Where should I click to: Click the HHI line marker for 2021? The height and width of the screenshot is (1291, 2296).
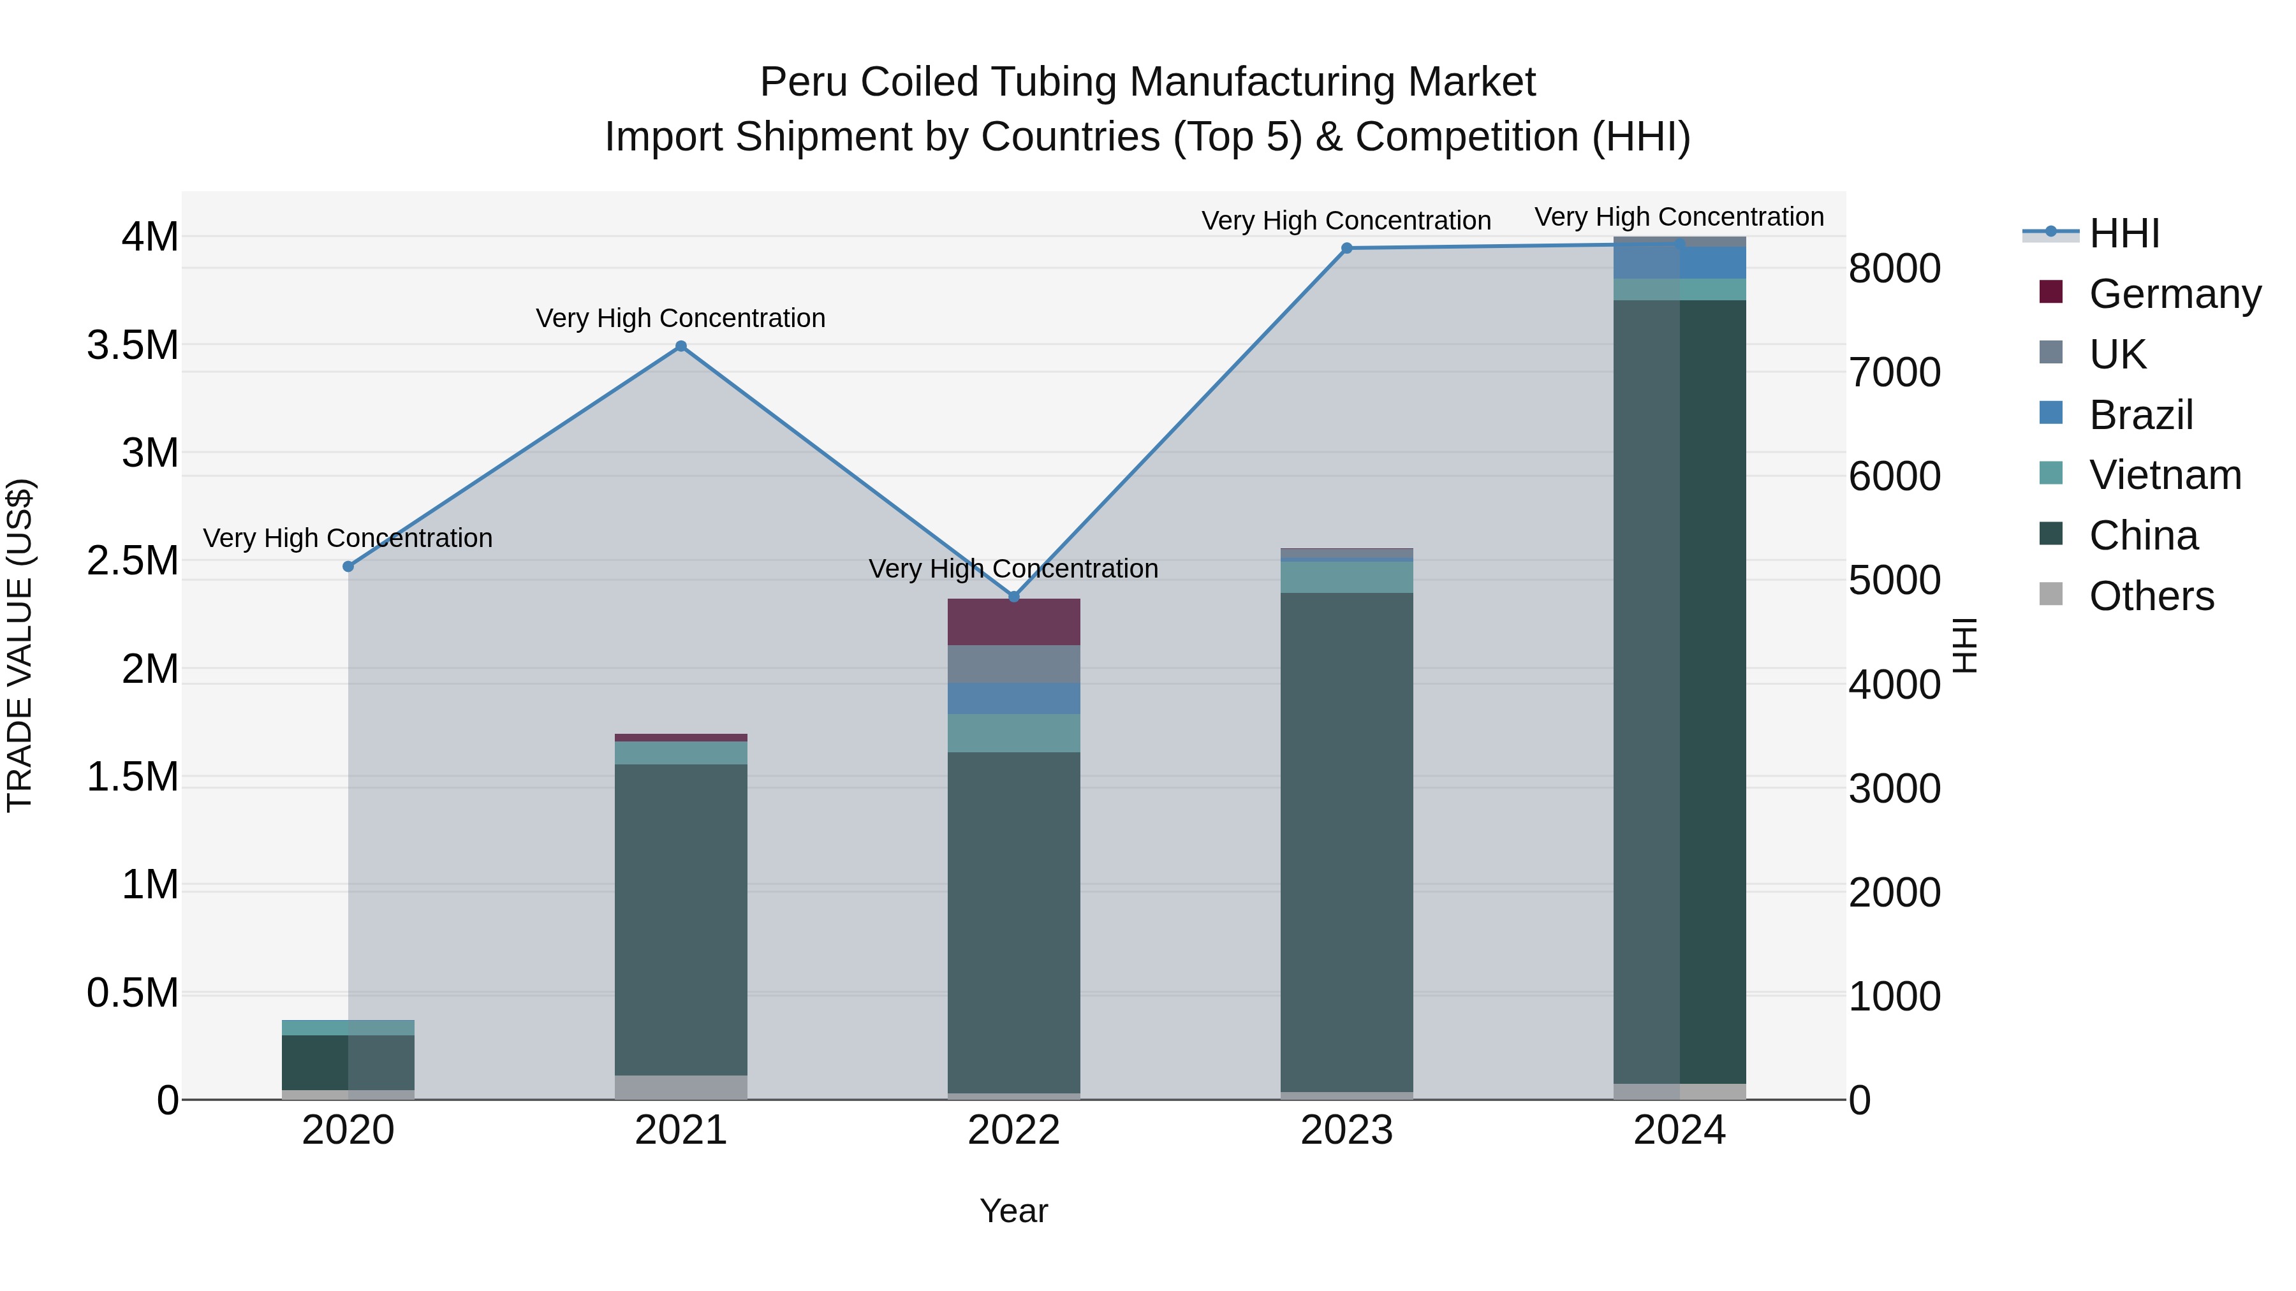pos(681,347)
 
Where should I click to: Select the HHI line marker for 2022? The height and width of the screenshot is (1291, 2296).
pos(1013,596)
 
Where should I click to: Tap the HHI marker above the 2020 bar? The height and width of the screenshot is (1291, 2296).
pos(348,567)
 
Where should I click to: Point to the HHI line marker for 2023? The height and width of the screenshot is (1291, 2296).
pos(1347,249)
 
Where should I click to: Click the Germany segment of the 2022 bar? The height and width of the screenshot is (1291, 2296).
pos(1013,622)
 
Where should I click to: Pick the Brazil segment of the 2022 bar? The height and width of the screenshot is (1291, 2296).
pos(1013,699)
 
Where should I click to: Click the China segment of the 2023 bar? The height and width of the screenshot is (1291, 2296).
pos(1347,842)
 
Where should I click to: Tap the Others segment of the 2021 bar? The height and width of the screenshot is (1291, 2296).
pos(681,1087)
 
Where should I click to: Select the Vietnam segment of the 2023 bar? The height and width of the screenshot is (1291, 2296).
pos(1347,578)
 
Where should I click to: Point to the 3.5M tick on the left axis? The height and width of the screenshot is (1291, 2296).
pos(132,346)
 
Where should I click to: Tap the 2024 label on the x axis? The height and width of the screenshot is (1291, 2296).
pos(1679,1130)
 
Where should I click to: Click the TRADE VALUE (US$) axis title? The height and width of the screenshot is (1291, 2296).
pos(20,645)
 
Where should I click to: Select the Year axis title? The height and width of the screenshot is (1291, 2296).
pos(1013,1211)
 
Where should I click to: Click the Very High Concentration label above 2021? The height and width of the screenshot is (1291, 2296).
pos(681,318)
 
